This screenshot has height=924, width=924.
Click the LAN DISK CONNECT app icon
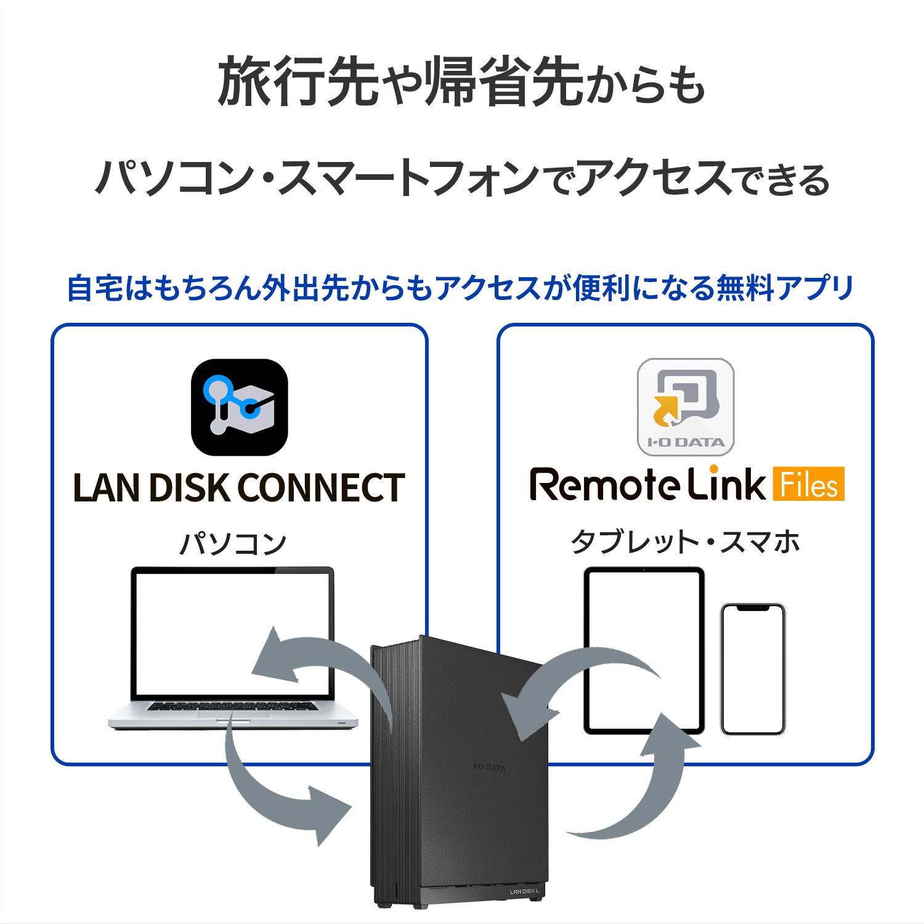(x=239, y=407)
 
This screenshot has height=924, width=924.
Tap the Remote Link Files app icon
(x=686, y=407)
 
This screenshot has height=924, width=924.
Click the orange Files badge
(x=808, y=484)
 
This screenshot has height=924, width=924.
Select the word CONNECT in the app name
(x=321, y=488)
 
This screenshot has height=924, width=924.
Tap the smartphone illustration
(x=753, y=669)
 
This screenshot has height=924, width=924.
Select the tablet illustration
(x=644, y=650)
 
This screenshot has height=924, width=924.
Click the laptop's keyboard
(x=233, y=706)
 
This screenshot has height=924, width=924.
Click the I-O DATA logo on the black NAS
(x=490, y=767)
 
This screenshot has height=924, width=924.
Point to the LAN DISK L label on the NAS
(x=524, y=891)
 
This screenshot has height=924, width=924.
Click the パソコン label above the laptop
(x=233, y=543)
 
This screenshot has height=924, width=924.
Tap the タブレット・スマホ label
(x=685, y=542)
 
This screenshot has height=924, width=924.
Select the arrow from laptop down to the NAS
(x=277, y=795)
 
